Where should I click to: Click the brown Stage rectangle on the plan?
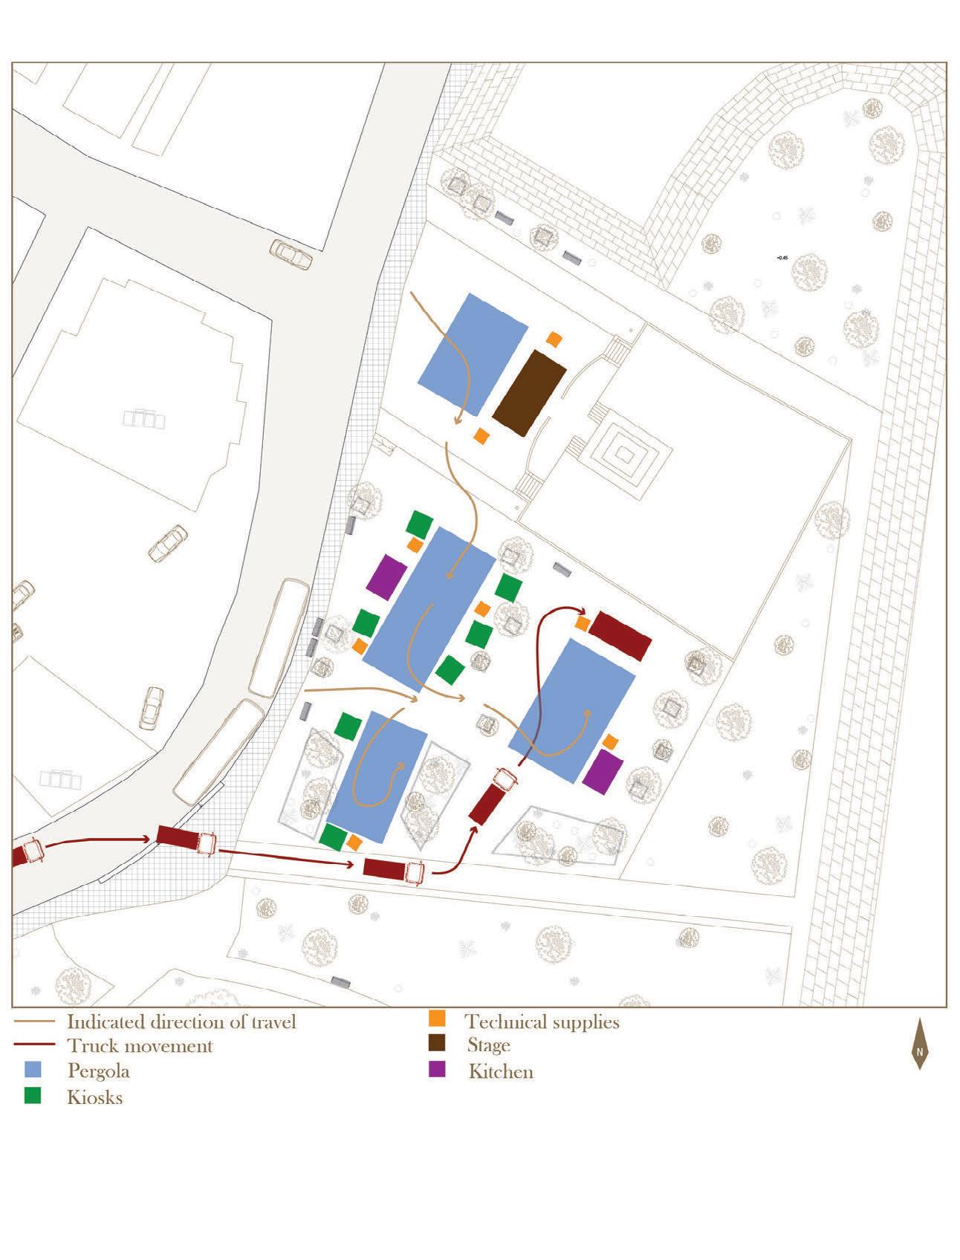[529, 393]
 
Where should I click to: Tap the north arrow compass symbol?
[920, 1044]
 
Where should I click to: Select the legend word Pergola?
[98, 1071]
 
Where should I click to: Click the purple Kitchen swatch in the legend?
[437, 1070]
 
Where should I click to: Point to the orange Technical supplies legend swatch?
[437, 1019]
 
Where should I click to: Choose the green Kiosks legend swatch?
[32, 1096]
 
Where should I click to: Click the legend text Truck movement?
[140, 1046]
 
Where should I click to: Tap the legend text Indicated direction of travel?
[181, 1022]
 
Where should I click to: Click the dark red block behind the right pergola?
[620, 635]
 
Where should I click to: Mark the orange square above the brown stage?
[554, 339]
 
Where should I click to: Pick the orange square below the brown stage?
[481, 436]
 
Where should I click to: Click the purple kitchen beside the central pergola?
[386, 577]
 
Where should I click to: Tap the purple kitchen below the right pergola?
[603, 772]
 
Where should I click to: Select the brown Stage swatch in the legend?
[437, 1044]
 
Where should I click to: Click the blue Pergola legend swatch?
[32, 1070]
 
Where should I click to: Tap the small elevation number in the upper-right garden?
[781, 258]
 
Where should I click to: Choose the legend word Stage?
[488, 1045]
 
